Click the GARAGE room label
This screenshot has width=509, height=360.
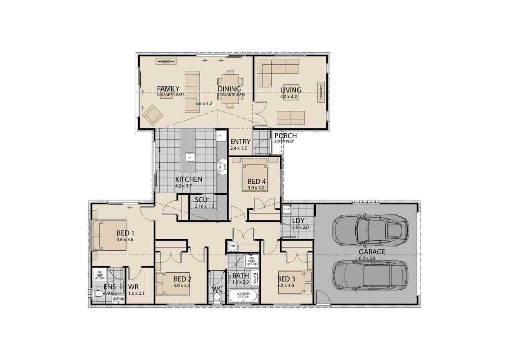click(372, 252)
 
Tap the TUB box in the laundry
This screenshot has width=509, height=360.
click(286, 209)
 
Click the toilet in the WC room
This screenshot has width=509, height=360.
click(217, 296)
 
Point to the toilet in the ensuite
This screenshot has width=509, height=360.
click(97, 294)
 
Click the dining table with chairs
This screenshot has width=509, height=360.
click(230, 88)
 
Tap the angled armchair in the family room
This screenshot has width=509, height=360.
click(152, 114)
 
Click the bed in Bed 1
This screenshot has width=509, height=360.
click(110, 235)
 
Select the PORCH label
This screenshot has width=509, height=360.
click(285, 136)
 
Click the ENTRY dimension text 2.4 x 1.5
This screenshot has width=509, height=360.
click(238, 148)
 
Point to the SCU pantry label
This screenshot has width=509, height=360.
click(201, 200)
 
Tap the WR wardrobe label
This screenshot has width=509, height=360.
click(134, 287)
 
